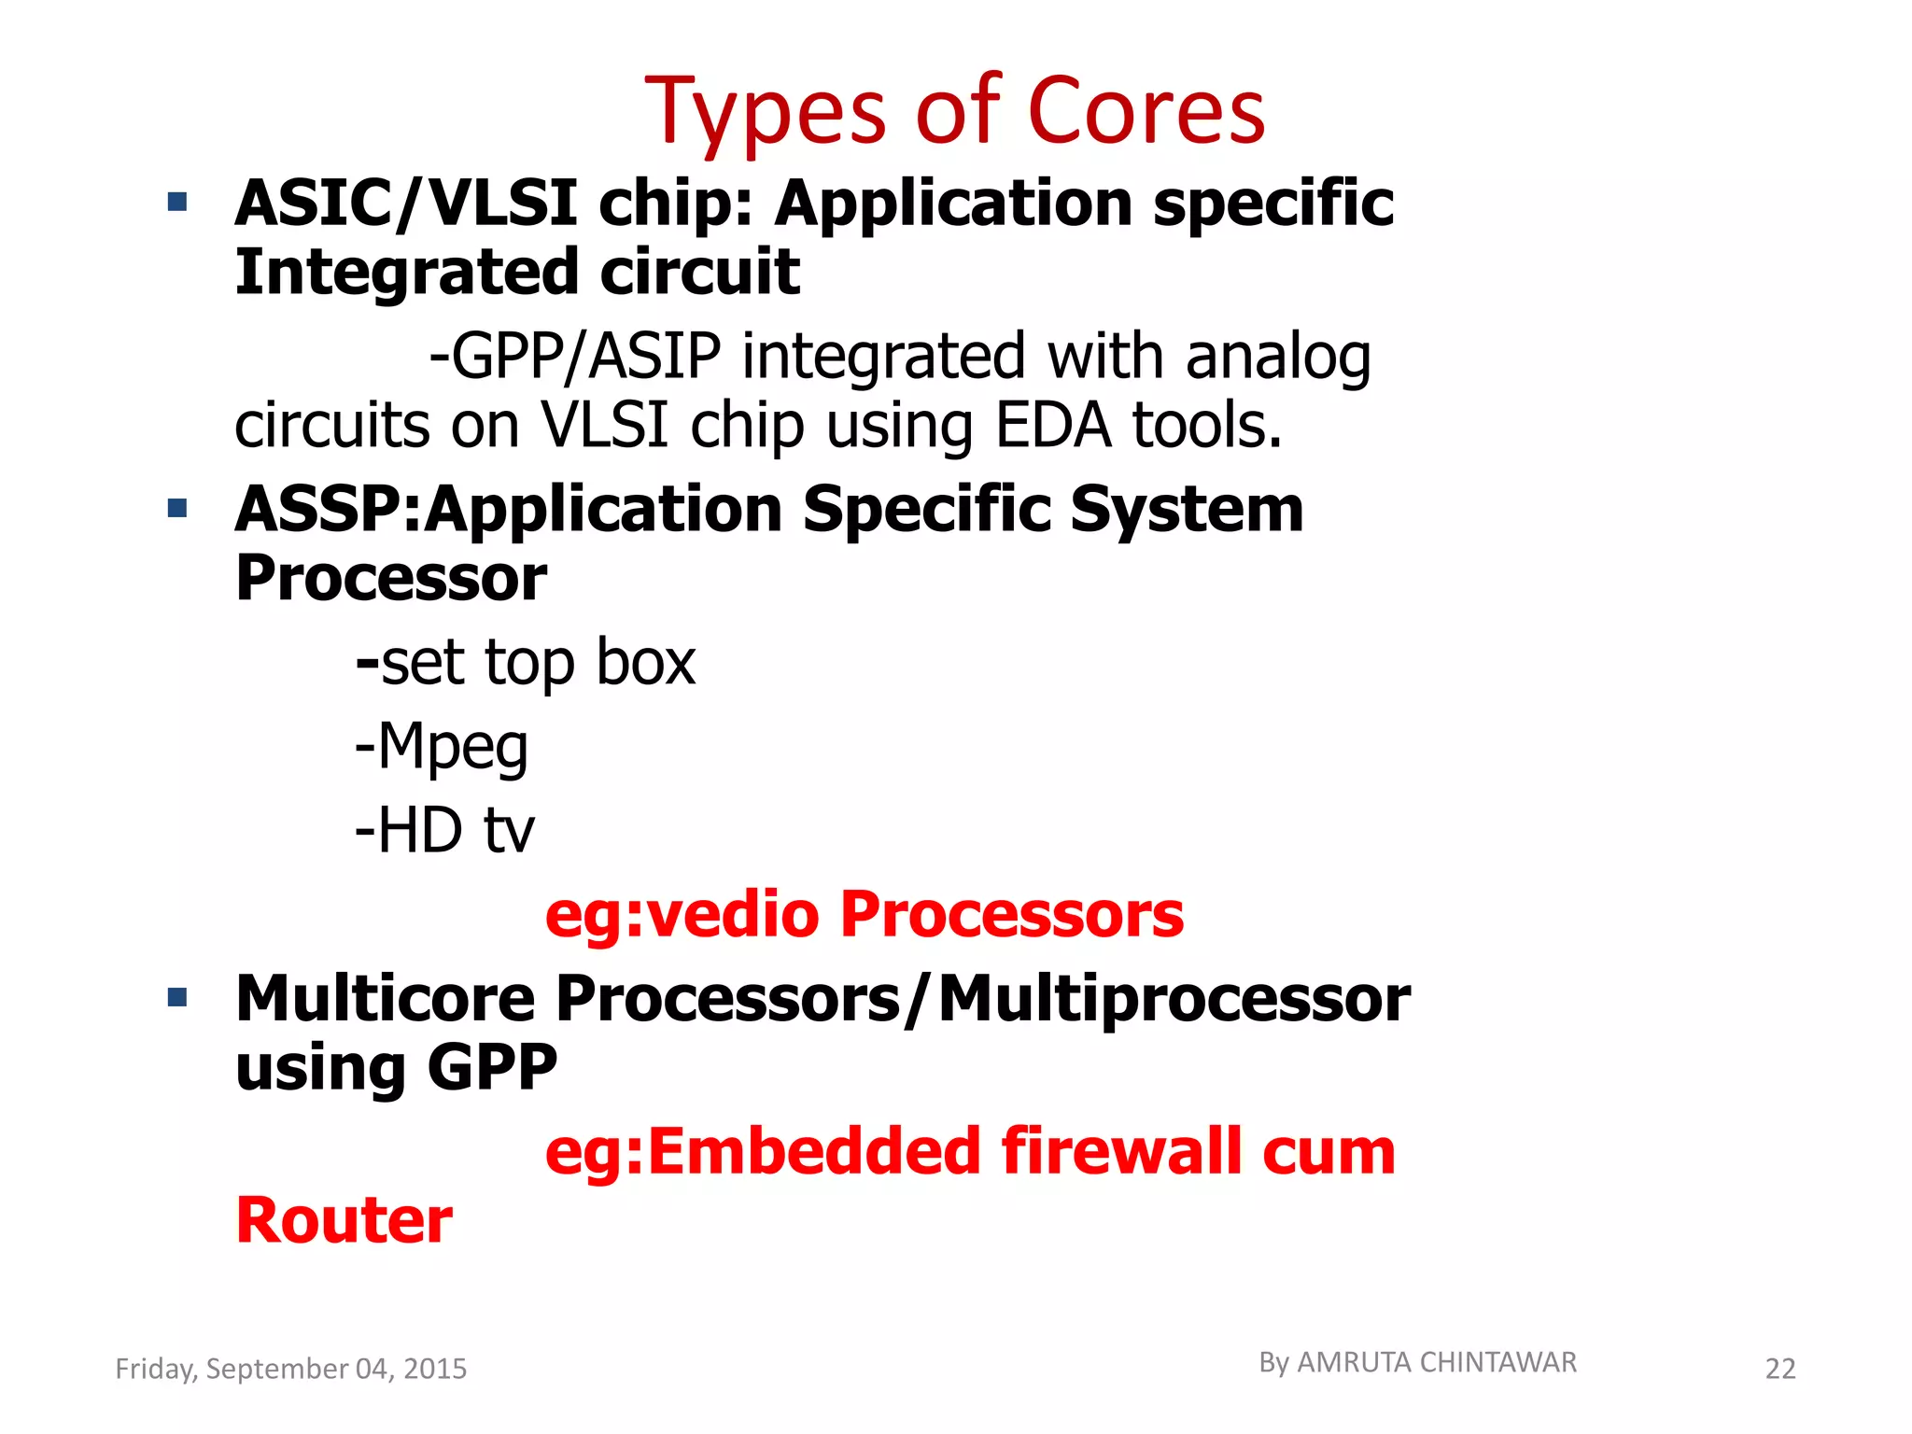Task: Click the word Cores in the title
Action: tap(1146, 112)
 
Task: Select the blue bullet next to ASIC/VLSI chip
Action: tap(177, 202)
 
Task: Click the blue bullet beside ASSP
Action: tap(177, 509)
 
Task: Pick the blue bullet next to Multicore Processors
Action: tap(177, 998)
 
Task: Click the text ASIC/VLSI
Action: tap(405, 204)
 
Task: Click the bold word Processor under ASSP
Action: tap(390, 579)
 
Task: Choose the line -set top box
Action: tap(526, 663)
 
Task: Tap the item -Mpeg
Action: tap(442, 747)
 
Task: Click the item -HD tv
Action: tap(445, 831)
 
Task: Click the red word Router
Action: tap(344, 1221)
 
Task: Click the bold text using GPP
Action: tap(396, 1068)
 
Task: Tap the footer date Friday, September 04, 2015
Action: tap(290, 1369)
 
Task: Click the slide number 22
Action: tap(1779, 1370)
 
